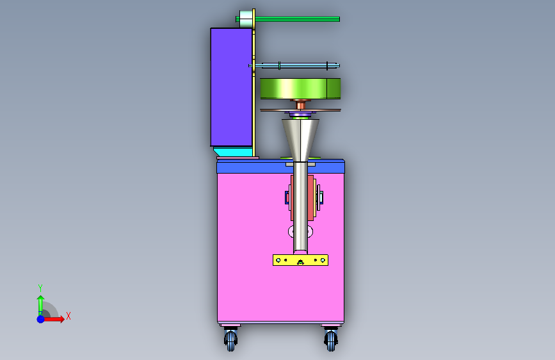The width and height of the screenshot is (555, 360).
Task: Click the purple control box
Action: [x=231, y=87]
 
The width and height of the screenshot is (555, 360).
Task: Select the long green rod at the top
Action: [x=296, y=19]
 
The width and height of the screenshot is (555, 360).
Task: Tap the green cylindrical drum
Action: [x=300, y=88]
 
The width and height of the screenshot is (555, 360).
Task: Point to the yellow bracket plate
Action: [x=300, y=260]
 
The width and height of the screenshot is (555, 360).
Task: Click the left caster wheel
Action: [x=231, y=340]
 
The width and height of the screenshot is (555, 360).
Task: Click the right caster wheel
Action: [x=331, y=340]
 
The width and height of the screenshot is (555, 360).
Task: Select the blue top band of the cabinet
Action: [x=280, y=166]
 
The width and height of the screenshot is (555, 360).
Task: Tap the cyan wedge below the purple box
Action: [x=234, y=152]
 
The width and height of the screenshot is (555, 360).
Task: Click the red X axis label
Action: [x=68, y=316]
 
